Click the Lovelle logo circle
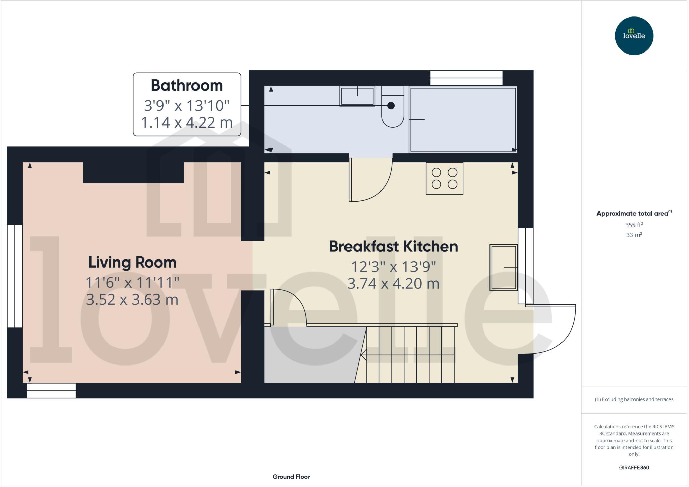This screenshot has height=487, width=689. click(634, 36)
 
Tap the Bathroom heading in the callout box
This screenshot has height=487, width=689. click(187, 85)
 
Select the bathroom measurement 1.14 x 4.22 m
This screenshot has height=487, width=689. click(187, 123)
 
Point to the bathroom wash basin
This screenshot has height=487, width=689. click(357, 96)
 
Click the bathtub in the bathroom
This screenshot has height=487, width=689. click(463, 120)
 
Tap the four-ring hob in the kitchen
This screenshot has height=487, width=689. click(444, 178)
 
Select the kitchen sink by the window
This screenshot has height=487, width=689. click(503, 268)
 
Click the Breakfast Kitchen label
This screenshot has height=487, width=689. click(393, 246)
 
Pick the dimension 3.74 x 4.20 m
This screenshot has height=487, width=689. click(393, 284)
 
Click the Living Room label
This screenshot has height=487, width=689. click(132, 263)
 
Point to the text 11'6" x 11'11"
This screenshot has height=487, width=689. click(132, 283)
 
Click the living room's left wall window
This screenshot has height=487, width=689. click(15, 276)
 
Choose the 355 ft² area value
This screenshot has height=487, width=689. click(634, 225)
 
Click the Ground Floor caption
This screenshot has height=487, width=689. click(291, 477)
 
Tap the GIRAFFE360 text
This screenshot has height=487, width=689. click(634, 467)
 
